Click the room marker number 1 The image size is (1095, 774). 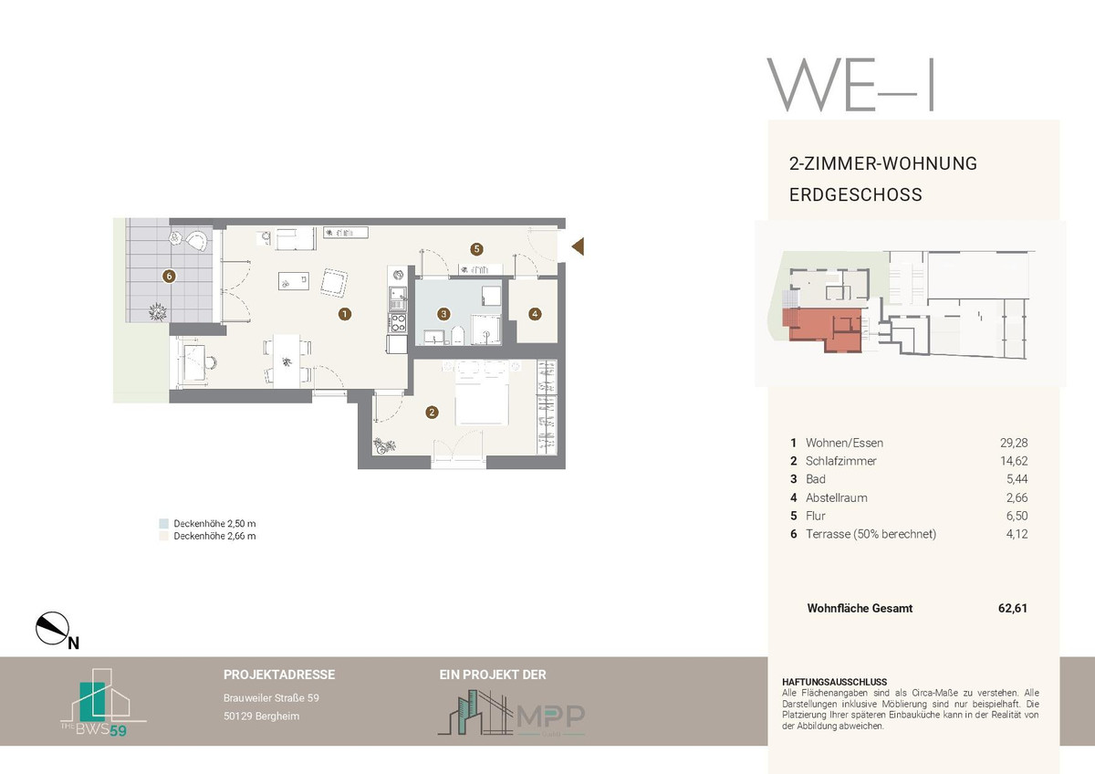tap(345, 314)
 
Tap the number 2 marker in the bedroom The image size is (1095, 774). tap(432, 413)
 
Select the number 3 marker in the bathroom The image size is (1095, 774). tap(443, 314)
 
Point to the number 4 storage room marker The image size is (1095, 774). tap(535, 314)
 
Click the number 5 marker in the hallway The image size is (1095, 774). tap(476, 249)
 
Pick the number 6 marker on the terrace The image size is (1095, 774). tap(169, 277)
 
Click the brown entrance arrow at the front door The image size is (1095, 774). tap(578, 246)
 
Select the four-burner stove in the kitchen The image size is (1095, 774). tap(398, 323)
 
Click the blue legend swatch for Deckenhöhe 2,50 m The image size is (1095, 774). tap(163, 524)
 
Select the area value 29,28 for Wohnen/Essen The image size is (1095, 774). tap(1014, 443)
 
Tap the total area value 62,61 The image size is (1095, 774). tap(1012, 608)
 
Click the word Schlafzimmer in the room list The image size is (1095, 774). tap(840, 461)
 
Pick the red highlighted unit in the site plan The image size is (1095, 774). tap(821, 329)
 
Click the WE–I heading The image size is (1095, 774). tap(850, 85)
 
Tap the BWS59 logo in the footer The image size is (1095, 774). tap(102, 703)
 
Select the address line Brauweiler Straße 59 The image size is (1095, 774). tap(271, 698)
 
